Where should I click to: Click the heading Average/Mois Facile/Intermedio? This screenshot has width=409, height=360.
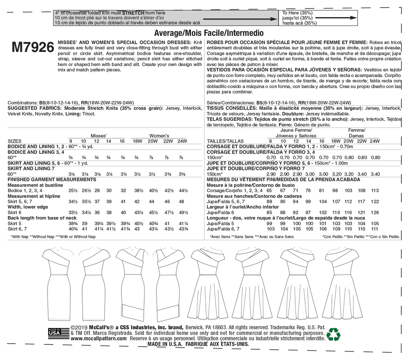click(208, 33)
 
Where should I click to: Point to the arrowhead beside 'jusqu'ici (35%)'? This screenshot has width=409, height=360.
click(351, 18)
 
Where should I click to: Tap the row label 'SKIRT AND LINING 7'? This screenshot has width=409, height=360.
click(30, 169)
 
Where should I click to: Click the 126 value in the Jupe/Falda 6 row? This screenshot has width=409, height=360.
click(375, 213)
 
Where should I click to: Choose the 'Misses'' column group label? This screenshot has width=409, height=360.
click(98, 135)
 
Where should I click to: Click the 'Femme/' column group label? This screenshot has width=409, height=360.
click(356, 130)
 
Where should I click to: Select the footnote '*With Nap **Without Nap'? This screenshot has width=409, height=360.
click(54, 237)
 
